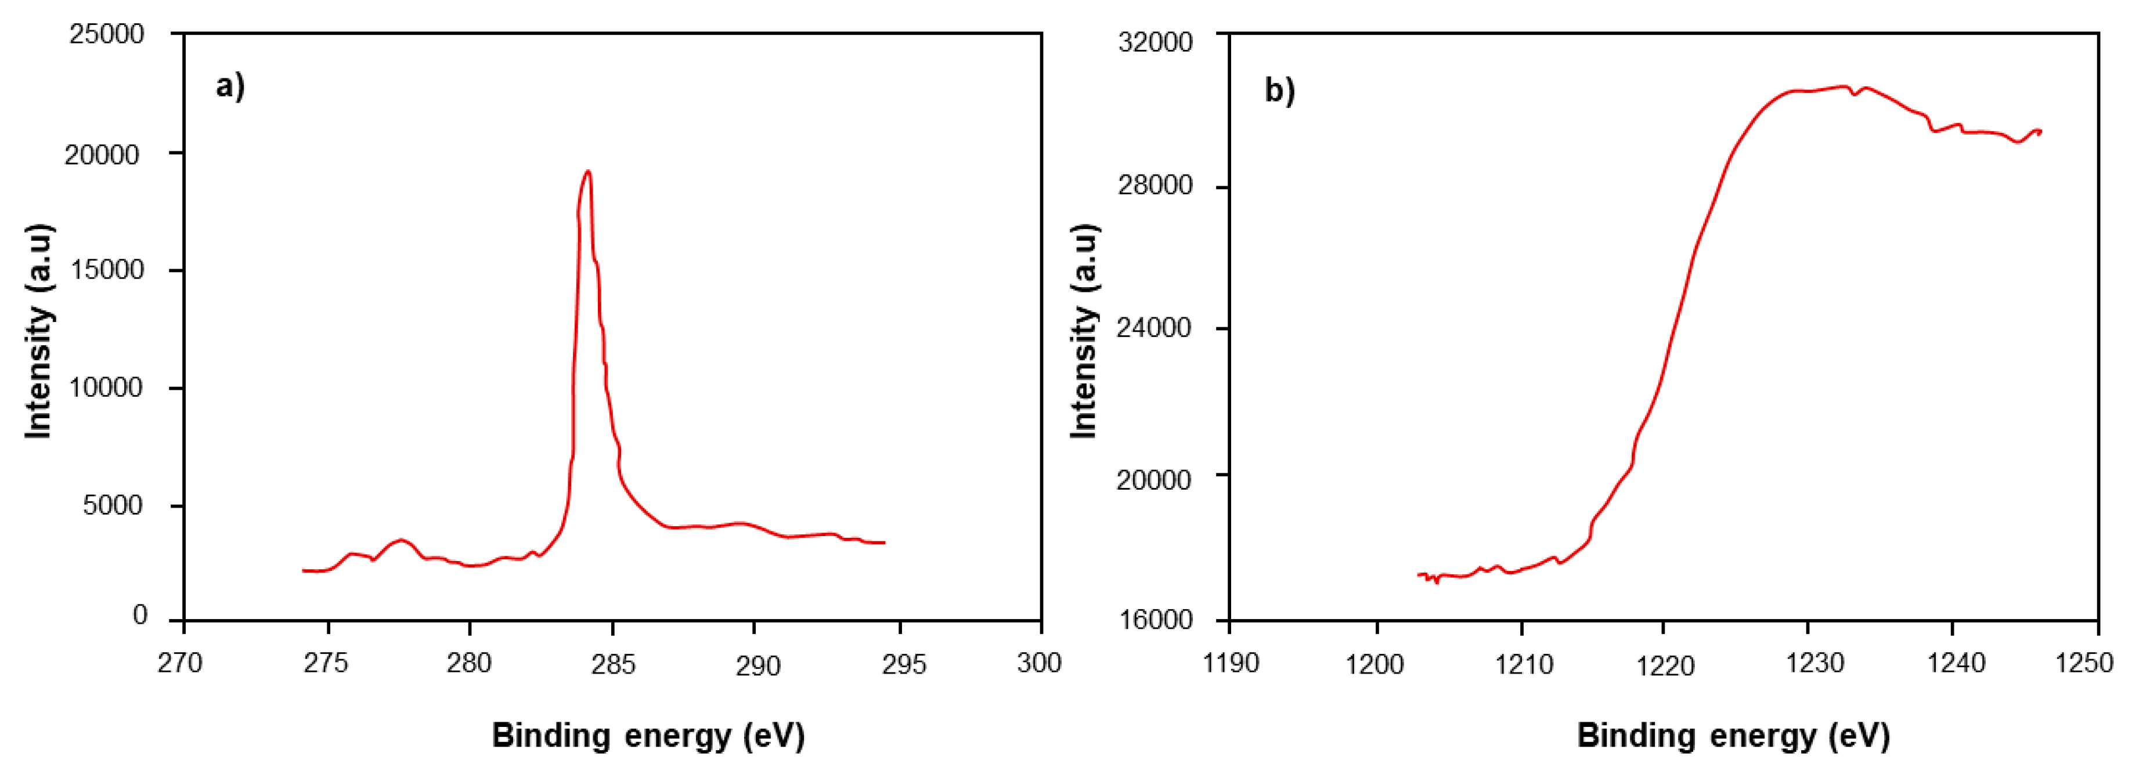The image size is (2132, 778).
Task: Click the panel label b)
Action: click(x=1279, y=90)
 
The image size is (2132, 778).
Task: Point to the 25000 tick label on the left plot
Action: click(x=106, y=35)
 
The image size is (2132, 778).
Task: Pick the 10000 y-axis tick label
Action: click(x=106, y=388)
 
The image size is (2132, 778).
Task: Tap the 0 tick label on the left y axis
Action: click(x=140, y=616)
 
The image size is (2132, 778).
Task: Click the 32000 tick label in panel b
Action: click(x=1155, y=41)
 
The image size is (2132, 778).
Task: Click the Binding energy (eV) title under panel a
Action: click(x=648, y=735)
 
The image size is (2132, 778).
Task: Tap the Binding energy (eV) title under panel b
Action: click(x=1733, y=735)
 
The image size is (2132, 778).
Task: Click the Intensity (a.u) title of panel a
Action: click(x=38, y=331)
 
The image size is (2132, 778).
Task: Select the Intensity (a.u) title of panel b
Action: click(x=1084, y=331)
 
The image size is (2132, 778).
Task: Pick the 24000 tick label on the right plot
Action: click(x=1155, y=328)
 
